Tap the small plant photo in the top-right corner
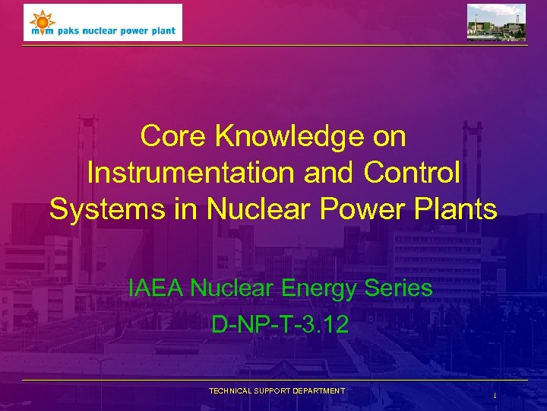click(x=495, y=22)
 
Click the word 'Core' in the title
click(x=174, y=137)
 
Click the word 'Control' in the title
click(x=412, y=173)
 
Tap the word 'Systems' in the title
click(x=101, y=209)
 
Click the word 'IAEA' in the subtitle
click(x=157, y=288)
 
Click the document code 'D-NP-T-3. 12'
click(x=280, y=325)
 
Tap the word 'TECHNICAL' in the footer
click(x=232, y=391)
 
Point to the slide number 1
click(x=495, y=396)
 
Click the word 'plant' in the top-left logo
click(x=163, y=31)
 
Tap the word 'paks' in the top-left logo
click(x=63, y=31)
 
